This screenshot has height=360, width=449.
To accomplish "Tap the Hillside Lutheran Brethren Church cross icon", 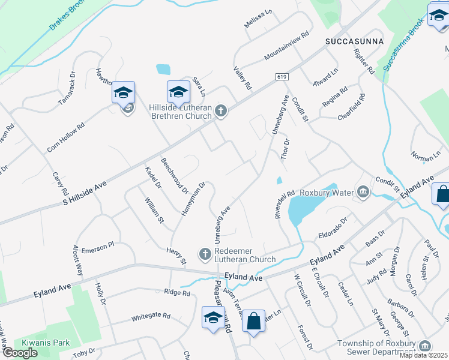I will [x=221, y=110].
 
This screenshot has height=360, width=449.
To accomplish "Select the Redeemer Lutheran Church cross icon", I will [x=204, y=254].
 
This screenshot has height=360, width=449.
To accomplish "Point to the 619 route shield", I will [x=282, y=77].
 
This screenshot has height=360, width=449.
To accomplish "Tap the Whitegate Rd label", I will [x=151, y=316].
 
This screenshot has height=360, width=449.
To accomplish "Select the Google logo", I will [x=20, y=353].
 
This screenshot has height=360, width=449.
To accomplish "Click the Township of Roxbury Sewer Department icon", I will [x=425, y=346].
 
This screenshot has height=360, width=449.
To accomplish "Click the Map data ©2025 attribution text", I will [x=423, y=355].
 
